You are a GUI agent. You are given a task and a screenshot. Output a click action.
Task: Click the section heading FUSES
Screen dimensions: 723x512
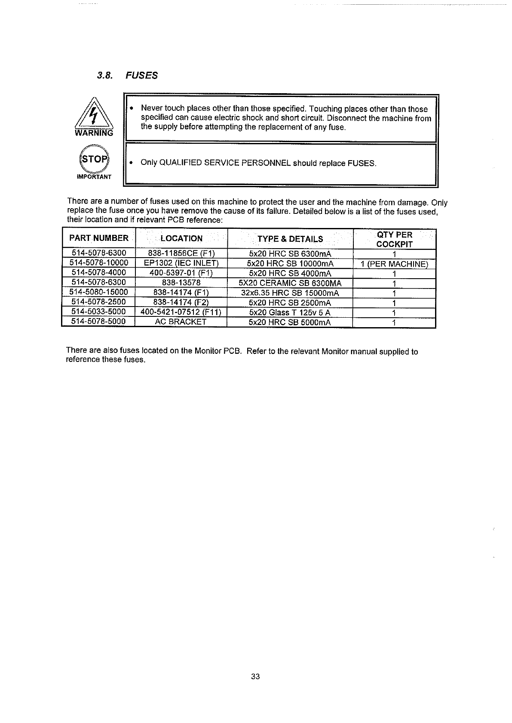pos(141,76)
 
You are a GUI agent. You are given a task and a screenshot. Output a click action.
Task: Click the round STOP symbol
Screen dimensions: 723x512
pos(94,159)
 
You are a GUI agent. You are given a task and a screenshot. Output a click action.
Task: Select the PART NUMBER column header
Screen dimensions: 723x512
pos(99,238)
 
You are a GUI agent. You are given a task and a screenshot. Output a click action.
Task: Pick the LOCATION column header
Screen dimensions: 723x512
pos(181,238)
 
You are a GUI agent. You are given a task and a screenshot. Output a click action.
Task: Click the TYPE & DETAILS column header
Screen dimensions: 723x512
pos(290,239)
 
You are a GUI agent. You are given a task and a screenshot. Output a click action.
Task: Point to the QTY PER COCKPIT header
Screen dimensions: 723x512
pos(394,240)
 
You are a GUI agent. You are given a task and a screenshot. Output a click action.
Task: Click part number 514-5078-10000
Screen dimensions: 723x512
pos(99,263)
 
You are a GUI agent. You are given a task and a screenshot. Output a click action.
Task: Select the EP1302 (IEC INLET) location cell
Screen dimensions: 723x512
pos(181,263)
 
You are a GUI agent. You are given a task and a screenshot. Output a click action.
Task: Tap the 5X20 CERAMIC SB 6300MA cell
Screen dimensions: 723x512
pos(290,283)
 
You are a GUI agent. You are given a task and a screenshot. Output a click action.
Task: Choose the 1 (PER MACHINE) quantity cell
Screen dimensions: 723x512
pos(394,264)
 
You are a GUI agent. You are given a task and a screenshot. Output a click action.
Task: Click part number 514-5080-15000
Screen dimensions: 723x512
pos(98,293)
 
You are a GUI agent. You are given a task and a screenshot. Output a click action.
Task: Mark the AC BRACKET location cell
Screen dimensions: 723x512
pos(181,322)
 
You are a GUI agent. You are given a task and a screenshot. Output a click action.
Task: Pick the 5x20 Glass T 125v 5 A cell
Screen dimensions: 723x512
pos(290,313)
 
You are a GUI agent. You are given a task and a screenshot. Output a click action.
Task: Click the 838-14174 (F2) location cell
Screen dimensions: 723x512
pos(181,303)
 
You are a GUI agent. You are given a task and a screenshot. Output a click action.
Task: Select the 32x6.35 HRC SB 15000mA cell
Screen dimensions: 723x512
pos(290,293)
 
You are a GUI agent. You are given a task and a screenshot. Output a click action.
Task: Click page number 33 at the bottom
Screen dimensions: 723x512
pos(255,677)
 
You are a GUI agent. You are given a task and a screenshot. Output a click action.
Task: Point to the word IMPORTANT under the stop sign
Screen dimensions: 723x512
pos(94,177)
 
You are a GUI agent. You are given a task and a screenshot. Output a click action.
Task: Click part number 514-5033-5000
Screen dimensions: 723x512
pos(98,312)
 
